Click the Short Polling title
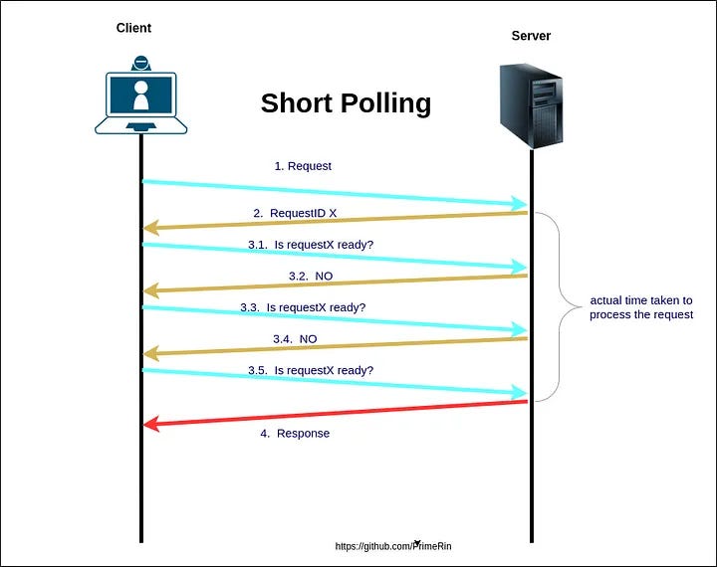(x=346, y=103)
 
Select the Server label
(x=531, y=36)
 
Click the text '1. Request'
(x=303, y=166)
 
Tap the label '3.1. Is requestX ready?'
(x=311, y=244)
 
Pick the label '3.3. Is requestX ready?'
(x=303, y=307)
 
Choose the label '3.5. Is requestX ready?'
(x=311, y=370)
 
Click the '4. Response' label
(x=295, y=434)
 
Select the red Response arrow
(x=336, y=413)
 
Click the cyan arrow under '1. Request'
(x=336, y=193)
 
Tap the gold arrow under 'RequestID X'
(x=336, y=221)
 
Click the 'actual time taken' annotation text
(x=640, y=307)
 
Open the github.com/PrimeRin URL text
(x=399, y=546)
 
